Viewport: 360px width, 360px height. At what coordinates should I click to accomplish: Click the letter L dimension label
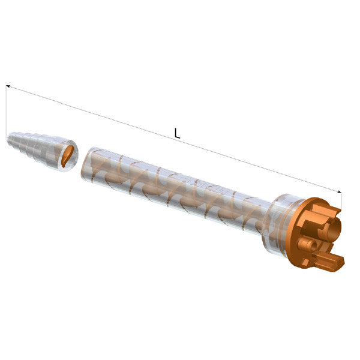pos(177,133)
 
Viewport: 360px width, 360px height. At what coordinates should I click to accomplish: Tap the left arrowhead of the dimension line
pos(8,86)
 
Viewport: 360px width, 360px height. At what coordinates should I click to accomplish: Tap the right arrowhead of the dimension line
pos(340,191)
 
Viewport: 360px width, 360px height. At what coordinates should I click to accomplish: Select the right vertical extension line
pos(341,200)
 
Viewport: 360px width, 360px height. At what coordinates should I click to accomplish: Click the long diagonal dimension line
pos(174,139)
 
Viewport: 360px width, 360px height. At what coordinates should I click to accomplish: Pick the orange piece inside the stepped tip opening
pos(68,155)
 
